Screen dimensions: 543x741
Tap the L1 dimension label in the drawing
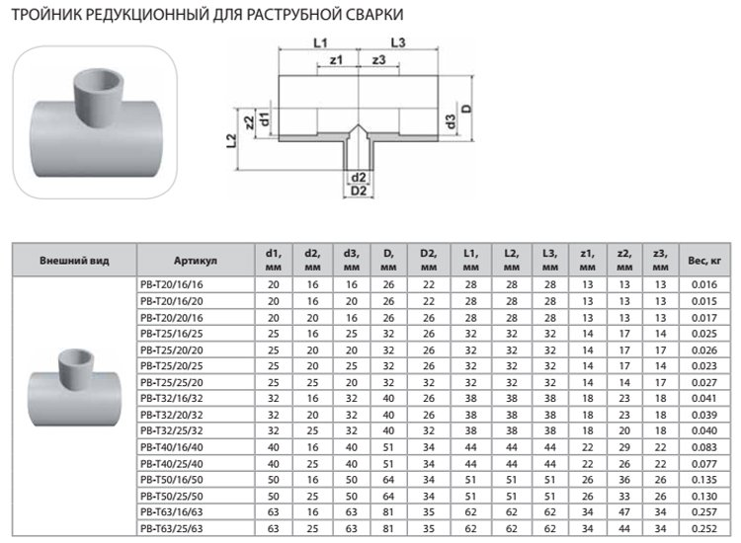click(x=319, y=42)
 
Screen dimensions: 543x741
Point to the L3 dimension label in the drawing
click(x=397, y=42)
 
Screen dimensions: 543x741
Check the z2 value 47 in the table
click(x=623, y=512)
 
